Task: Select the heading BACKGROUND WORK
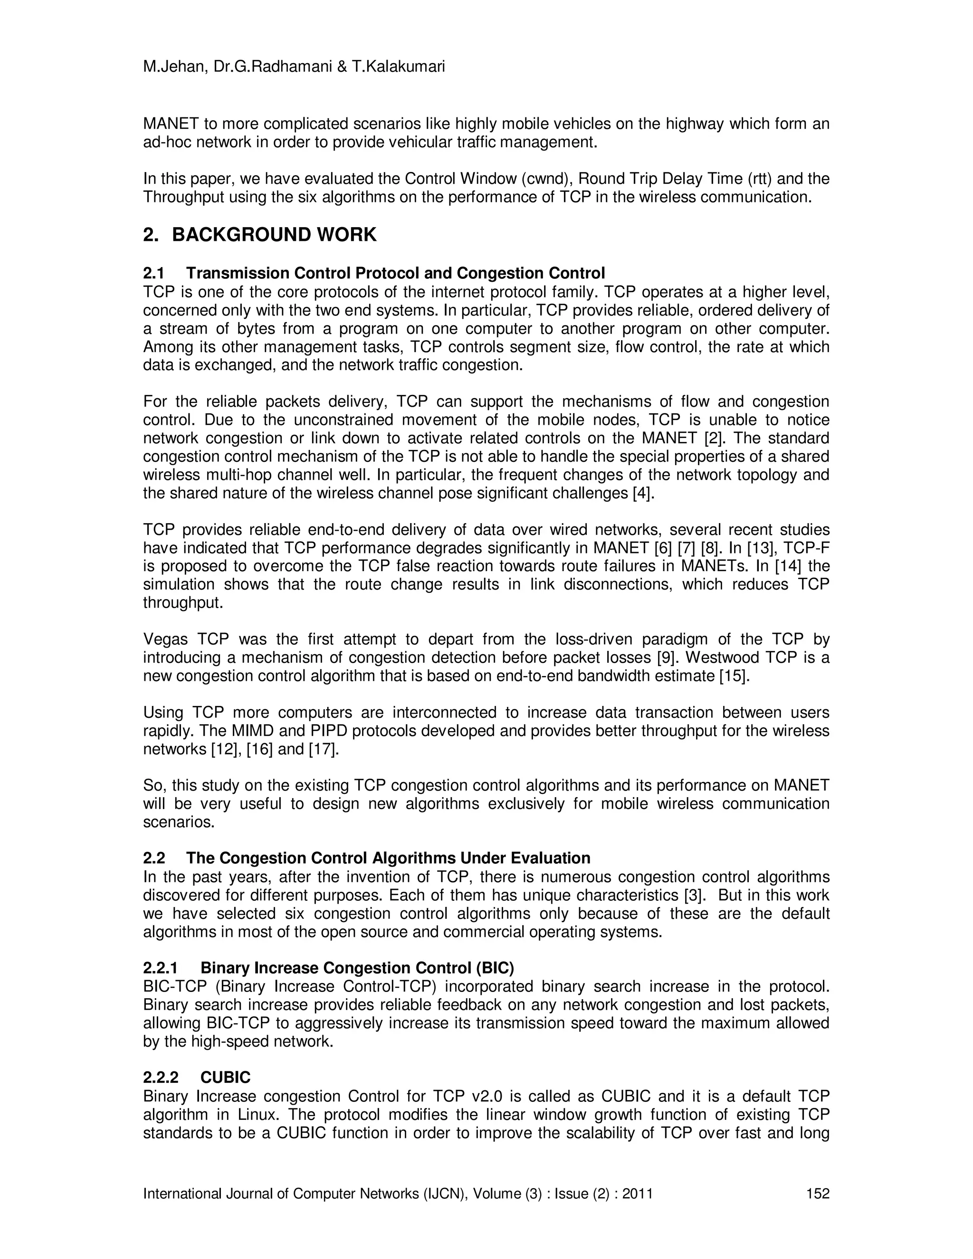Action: [x=275, y=235]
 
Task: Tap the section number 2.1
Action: [x=154, y=273]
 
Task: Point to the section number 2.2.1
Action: [x=161, y=968]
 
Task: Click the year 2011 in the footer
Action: [x=636, y=1193]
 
